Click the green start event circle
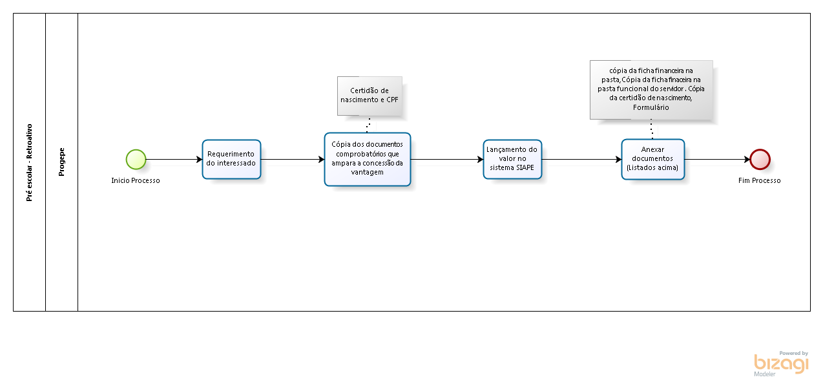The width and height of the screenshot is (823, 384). coord(136,159)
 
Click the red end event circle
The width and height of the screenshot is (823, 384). coord(760,159)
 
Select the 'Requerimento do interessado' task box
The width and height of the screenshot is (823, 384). coord(231,159)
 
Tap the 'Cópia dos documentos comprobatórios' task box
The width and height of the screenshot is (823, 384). coord(368,159)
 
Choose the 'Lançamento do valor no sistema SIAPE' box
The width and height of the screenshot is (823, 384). coord(512,159)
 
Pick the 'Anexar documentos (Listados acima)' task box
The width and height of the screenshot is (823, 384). coord(653,159)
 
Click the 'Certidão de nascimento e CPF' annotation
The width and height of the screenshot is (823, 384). coord(370,96)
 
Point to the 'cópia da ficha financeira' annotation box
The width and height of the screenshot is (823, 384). coord(651,90)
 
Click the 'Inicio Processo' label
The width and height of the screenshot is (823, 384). coord(136,180)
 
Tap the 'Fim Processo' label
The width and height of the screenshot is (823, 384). coord(760,180)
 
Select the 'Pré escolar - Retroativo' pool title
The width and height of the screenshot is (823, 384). coord(30,162)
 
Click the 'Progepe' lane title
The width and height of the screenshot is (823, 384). coord(62,162)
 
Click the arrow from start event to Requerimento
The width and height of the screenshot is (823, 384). coord(174,159)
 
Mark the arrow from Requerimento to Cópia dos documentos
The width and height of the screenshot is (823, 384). coord(293,159)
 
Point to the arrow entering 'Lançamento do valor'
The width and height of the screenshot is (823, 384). coord(447,159)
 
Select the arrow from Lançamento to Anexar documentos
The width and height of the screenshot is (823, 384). coord(581,159)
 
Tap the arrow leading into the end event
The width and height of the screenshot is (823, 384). coord(717,159)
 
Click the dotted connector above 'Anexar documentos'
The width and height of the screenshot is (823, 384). coord(652,129)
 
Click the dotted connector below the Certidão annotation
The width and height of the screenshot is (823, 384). coord(368,124)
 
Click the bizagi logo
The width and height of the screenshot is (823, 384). coord(781,363)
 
